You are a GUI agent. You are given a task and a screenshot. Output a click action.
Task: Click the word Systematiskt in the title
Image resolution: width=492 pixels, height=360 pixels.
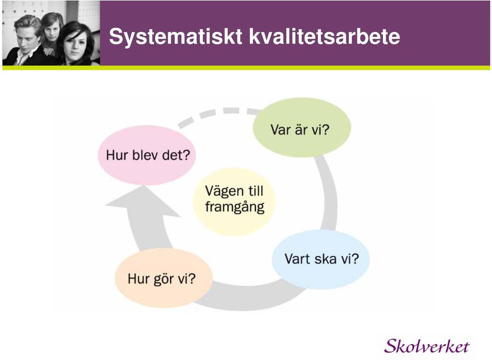pyautogui.click(x=175, y=37)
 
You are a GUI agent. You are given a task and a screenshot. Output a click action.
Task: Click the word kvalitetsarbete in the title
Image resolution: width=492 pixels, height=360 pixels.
pyautogui.click(x=324, y=36)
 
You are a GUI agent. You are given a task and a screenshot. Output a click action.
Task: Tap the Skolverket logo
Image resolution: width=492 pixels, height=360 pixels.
pyautogui.click(x=427, y=346)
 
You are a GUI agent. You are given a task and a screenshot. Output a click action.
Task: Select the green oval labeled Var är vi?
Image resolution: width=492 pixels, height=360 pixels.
pyautogui.click(x=302, y=127)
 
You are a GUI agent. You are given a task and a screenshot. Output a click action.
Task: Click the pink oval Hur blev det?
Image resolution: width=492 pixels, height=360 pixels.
pyautogui.click(x=147, y=155)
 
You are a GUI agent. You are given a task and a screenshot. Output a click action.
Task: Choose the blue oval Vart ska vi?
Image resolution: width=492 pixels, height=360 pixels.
pyautogui.click(x=321, y=259)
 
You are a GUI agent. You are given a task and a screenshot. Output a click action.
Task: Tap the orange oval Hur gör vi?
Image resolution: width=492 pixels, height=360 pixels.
pyautogui.click(x=163, y=278)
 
